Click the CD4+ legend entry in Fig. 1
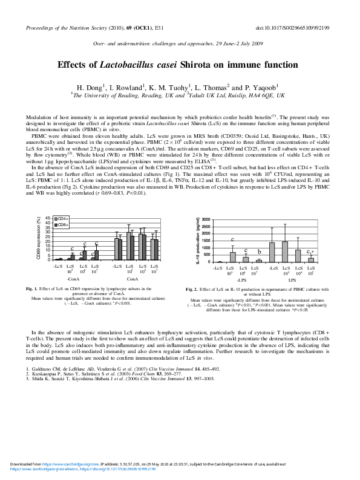point(62,218)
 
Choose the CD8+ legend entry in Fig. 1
point(62,224)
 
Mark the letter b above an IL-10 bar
point(259,252)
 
